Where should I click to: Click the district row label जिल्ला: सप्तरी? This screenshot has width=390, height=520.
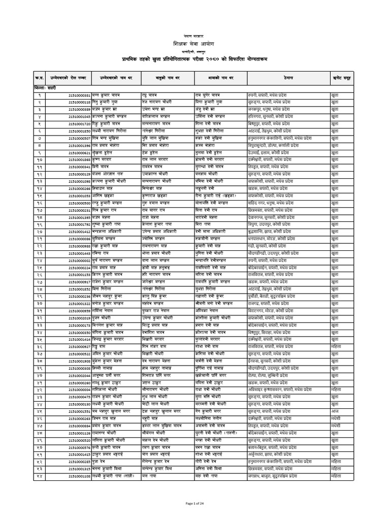click(42, 89)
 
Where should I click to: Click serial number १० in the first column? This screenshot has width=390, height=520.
click(39, 159)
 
